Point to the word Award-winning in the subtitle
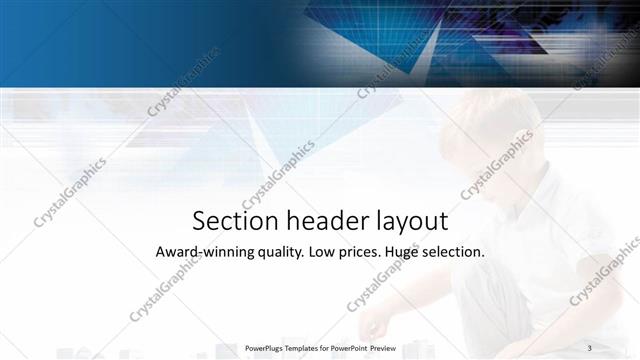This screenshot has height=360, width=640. click(199, 252)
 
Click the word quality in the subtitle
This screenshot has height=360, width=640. click(273, 253)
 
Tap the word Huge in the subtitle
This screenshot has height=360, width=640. click(406, 253)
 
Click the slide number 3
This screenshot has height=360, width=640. click(590, 347)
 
